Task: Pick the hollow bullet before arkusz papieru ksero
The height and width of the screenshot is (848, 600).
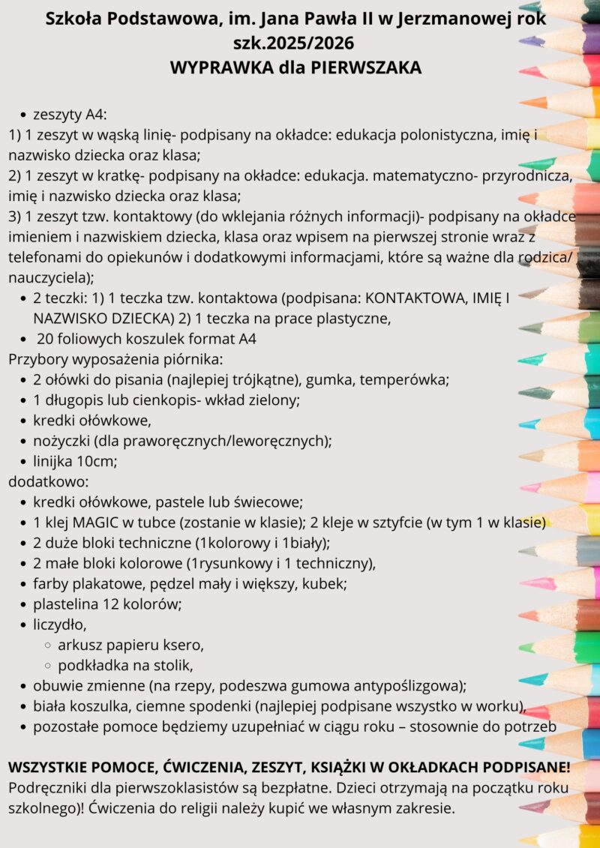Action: point(46,645)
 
